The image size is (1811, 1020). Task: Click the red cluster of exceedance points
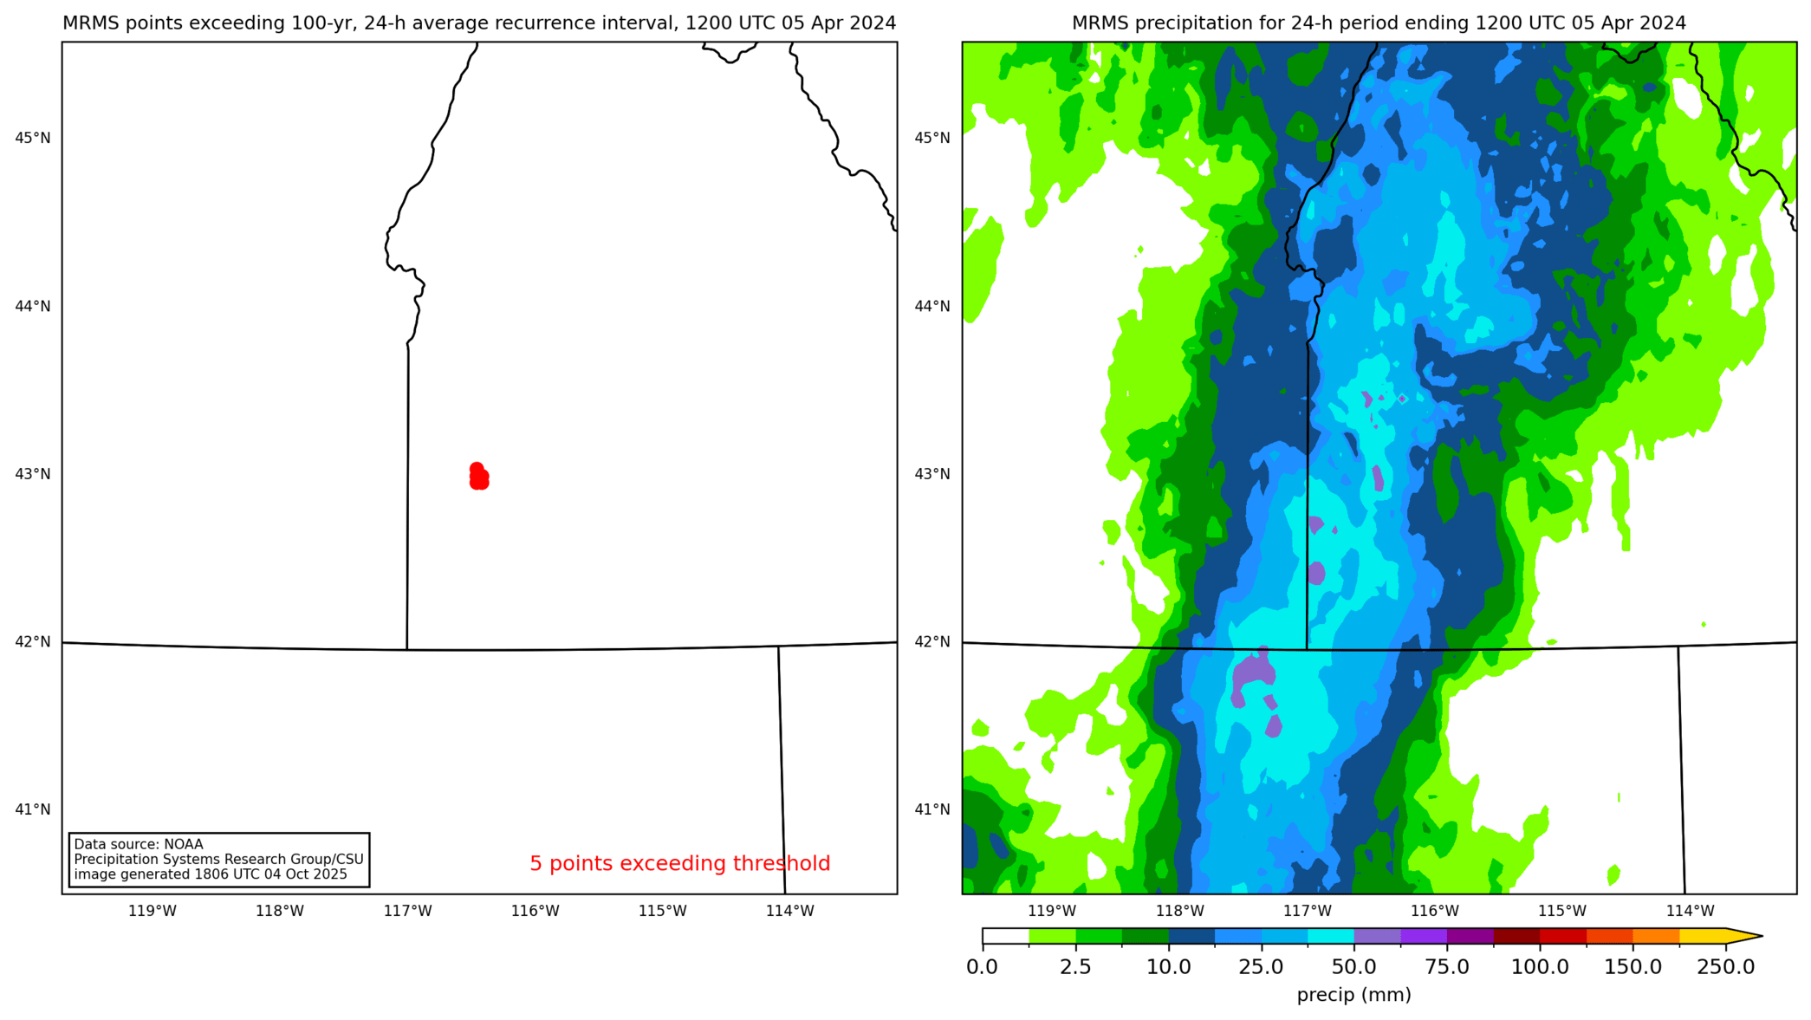[478, 477]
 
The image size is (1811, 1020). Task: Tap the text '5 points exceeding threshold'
[679, 863]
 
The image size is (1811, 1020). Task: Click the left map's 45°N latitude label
[33, 138]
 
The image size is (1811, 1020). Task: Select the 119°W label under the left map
[153, 911]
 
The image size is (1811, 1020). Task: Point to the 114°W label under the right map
[1690, 911]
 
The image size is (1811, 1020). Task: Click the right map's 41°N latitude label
[932, 809]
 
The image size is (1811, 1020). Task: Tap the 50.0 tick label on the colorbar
[1353, 967]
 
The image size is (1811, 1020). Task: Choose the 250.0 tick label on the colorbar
[1725, 967]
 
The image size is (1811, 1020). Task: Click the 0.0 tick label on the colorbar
[982, 967]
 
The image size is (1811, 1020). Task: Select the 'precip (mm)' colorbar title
[1353, 995]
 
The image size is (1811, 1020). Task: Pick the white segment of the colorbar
[1005, 936]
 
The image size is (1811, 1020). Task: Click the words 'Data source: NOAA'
[139, 844]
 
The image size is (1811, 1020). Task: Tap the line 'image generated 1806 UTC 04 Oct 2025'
[211, 874]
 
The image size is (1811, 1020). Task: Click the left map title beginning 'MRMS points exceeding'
[479, 23]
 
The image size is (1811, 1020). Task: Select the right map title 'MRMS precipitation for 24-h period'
[1379, 23]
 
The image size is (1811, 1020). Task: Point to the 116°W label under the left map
[535, 911]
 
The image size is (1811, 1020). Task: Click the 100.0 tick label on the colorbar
[1540, 967]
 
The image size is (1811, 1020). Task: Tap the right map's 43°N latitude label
[932, 474]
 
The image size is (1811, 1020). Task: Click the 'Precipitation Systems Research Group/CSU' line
[218, 859]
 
